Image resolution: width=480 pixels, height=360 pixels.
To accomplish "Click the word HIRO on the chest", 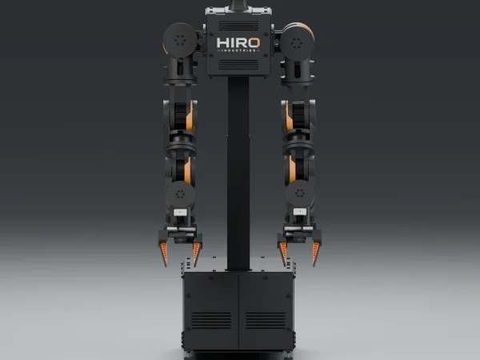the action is (238, 43).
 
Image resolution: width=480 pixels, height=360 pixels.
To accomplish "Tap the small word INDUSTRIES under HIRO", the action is (238, 50).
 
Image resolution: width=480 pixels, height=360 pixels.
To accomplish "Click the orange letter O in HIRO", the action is (254, 43).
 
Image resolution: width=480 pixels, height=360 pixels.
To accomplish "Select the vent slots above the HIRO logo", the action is (238, 26).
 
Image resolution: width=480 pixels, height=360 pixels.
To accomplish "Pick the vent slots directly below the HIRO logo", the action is (238, 65).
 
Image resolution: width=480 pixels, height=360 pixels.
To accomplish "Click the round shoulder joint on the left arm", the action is (180, 40).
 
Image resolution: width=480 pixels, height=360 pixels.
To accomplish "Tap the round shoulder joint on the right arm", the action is (297, 42).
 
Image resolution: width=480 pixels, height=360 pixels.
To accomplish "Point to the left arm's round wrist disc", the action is (180, 194).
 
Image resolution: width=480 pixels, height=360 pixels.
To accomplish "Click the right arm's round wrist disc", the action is (299, 193).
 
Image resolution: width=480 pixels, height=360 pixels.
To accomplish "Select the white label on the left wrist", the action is (180, 212).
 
